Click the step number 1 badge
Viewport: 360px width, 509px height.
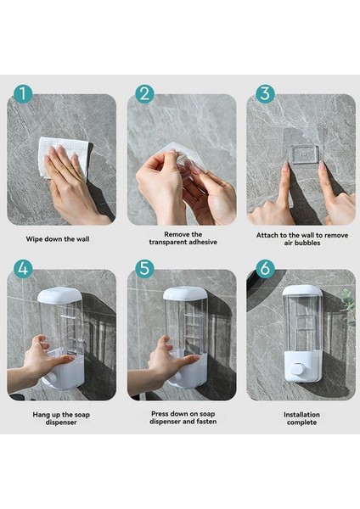23,94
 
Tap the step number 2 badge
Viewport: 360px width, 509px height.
144,94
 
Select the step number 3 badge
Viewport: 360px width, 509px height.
265,94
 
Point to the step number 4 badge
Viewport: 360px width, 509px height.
23,268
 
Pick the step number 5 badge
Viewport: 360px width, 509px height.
144,268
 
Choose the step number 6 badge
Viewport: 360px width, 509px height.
265,268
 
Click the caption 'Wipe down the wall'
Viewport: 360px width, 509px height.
58,239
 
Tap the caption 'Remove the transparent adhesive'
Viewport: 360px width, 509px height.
183,238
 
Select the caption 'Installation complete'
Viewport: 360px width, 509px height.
301,418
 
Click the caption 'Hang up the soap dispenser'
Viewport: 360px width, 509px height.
61,418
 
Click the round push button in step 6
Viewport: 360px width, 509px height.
297,370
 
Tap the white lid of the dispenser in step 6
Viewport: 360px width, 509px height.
302,290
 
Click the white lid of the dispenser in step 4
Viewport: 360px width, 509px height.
59,294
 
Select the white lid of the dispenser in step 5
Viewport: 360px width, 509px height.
185,294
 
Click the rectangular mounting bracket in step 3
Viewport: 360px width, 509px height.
305,154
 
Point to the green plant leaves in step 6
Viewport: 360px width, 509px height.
349,305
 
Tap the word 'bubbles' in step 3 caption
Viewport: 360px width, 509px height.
307,243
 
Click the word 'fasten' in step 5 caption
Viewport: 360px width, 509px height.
206,422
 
